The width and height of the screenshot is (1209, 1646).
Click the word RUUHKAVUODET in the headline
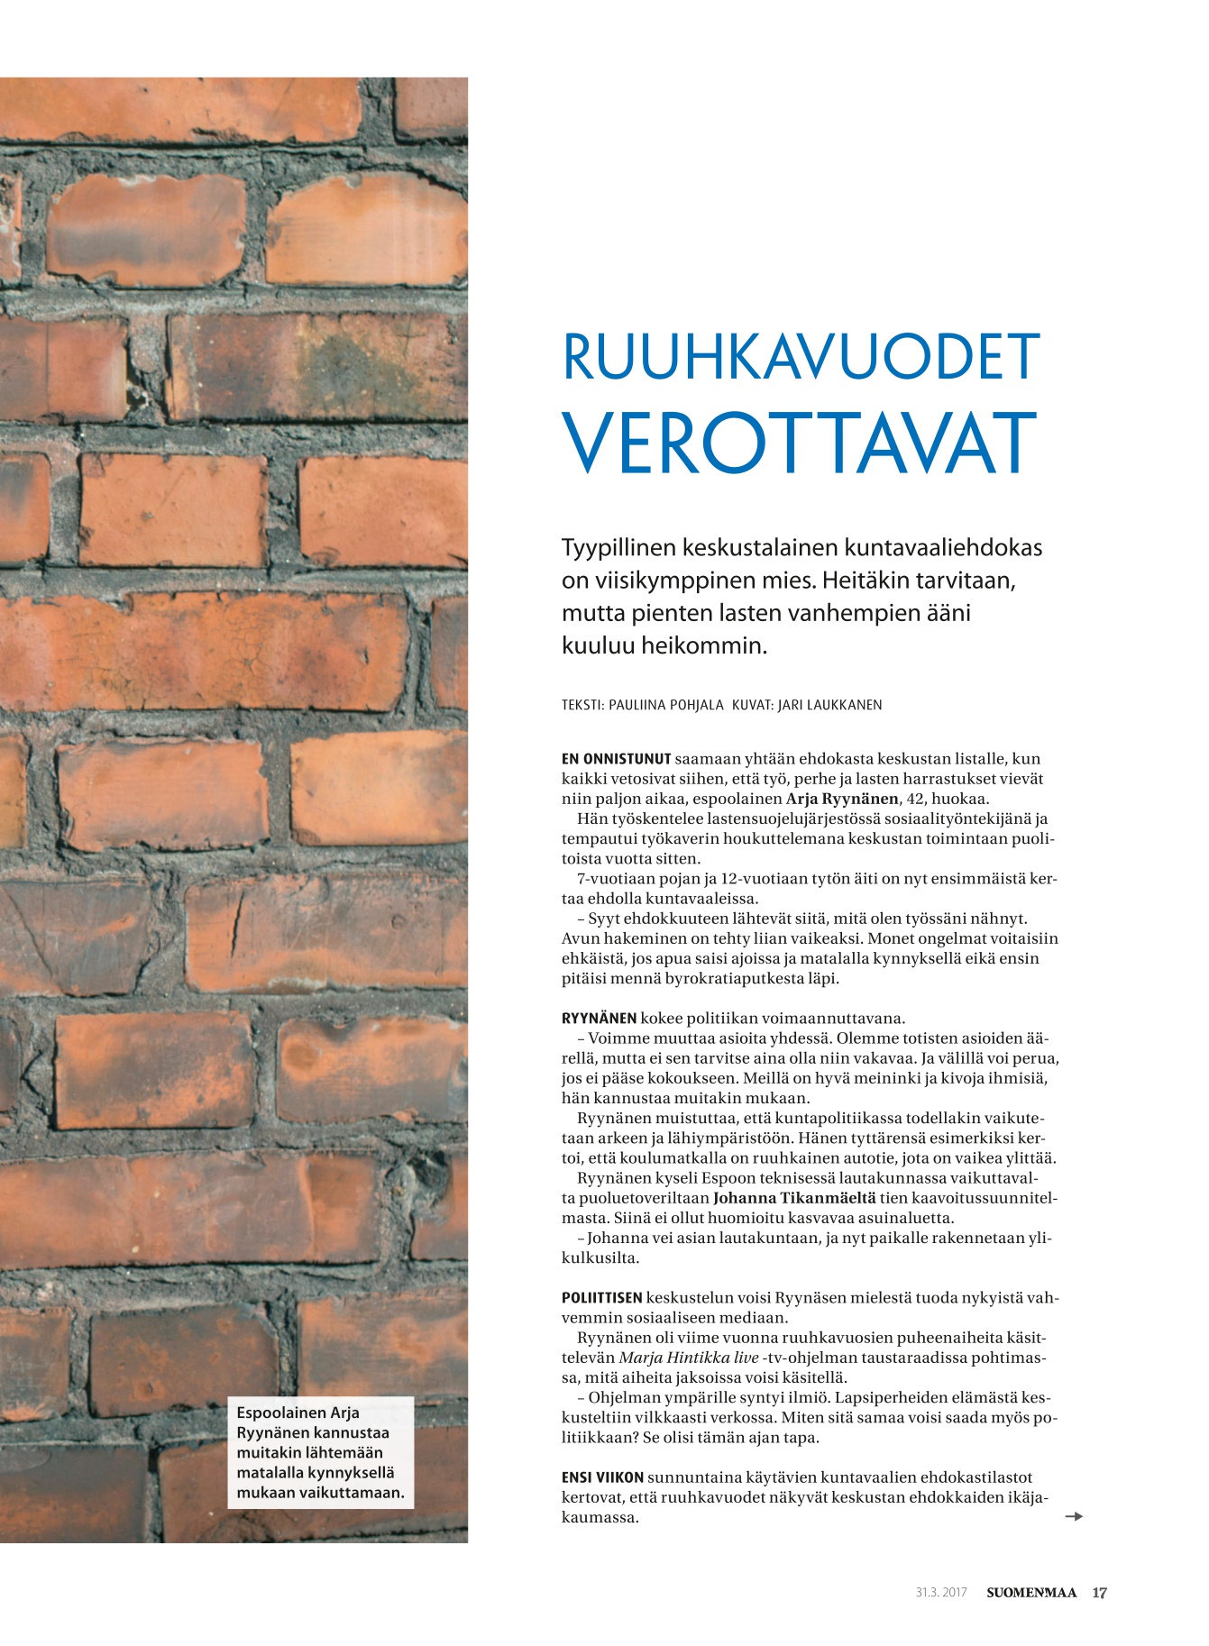point(801,357)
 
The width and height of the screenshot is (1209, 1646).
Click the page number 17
point(1099,1592)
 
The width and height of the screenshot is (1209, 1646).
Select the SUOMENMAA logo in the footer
point(1030,1592)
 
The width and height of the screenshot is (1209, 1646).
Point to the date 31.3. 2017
point(940,1592)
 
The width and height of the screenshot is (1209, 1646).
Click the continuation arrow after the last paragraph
point(1073,1516)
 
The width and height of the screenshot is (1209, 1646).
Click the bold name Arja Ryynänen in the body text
point(842,799)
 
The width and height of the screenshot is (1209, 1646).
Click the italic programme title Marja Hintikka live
point(689,1358)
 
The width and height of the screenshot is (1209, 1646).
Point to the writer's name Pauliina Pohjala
point(665,705)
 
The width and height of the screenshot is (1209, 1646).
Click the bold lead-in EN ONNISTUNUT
point(616,759)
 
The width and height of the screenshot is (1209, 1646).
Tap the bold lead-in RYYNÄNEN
point(599,1019)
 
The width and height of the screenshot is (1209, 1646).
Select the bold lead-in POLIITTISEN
point(601,1298)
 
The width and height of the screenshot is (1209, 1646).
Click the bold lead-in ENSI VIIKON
point(602,1477)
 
